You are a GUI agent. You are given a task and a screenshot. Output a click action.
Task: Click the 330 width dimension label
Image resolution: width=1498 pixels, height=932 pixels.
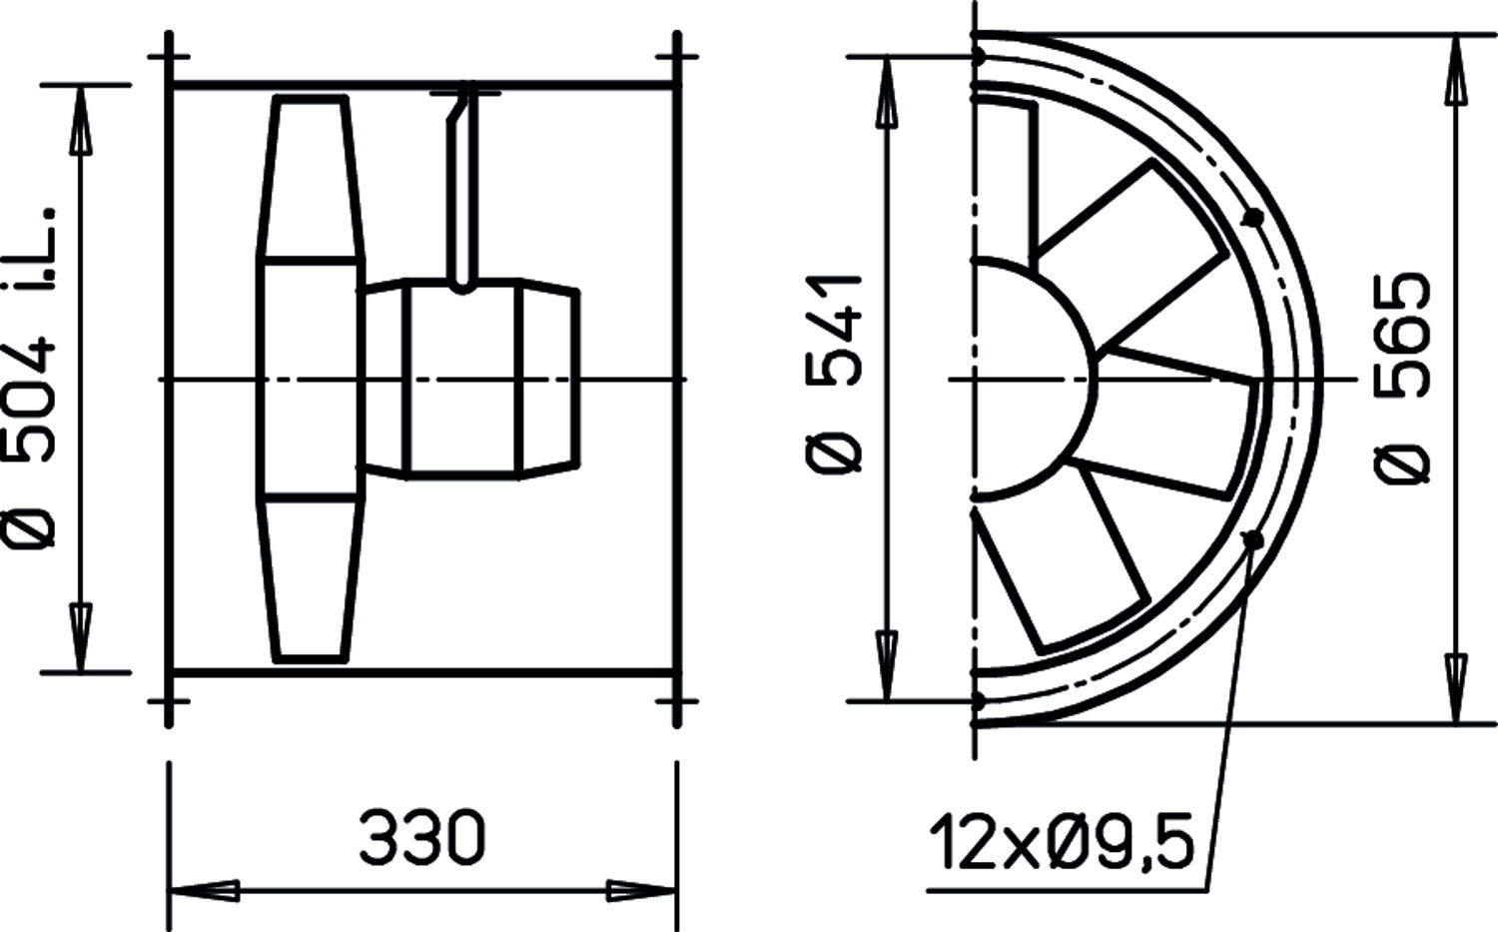[421, 837]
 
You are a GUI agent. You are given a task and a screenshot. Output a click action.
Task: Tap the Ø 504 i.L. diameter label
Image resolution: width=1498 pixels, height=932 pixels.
[29, 377]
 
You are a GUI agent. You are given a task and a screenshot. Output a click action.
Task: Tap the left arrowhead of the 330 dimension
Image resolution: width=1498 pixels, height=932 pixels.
[204, 891]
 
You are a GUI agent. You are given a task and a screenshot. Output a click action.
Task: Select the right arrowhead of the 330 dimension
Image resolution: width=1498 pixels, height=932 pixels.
[642, 891]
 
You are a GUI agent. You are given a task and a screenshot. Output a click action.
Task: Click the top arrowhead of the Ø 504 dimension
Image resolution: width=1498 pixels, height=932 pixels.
[81, 121]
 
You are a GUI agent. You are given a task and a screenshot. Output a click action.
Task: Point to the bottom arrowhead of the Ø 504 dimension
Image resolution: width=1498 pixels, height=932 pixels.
[81, 637]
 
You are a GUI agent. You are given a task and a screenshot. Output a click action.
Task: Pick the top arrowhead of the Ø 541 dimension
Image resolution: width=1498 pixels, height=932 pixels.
[887, 92]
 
